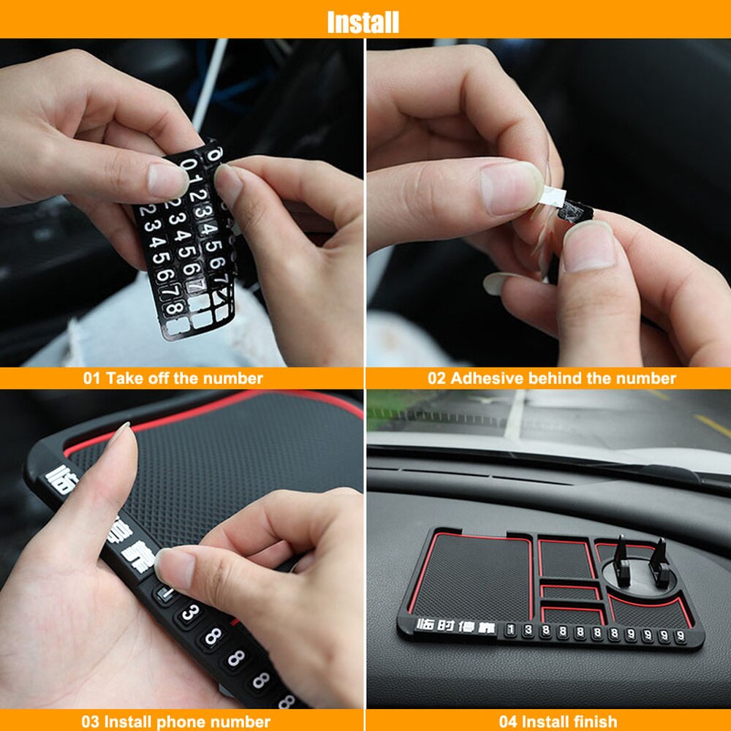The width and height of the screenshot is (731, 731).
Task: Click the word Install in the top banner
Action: click(x=363, y=21)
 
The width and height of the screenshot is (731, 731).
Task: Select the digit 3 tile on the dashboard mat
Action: click(x=528, y=629)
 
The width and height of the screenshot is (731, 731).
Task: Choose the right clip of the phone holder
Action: click(x=660, y=562)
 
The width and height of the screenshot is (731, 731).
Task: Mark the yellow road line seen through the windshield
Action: click(x=711, y=425)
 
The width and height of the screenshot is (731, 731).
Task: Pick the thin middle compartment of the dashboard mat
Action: click(x=572, y=592)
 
